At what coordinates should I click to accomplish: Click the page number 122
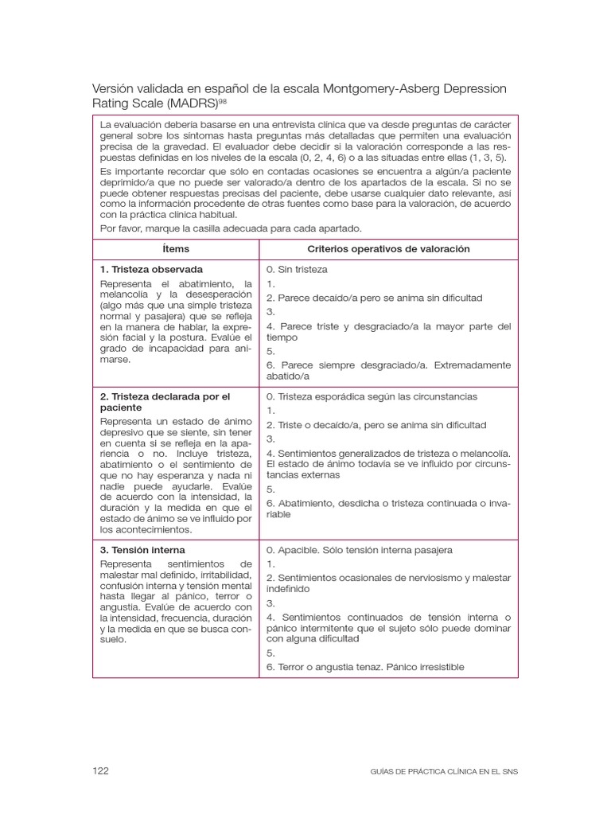100,770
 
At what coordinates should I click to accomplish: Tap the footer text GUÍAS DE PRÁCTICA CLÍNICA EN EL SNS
444,771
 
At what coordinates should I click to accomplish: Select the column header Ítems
175,249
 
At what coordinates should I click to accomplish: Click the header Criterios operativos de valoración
388,249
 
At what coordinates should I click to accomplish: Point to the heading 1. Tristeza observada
151,269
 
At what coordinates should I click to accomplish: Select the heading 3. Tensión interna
142,550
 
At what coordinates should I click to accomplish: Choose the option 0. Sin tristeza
297,270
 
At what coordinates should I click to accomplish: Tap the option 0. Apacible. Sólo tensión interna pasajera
359,550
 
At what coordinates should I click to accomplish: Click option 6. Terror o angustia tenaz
365,667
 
